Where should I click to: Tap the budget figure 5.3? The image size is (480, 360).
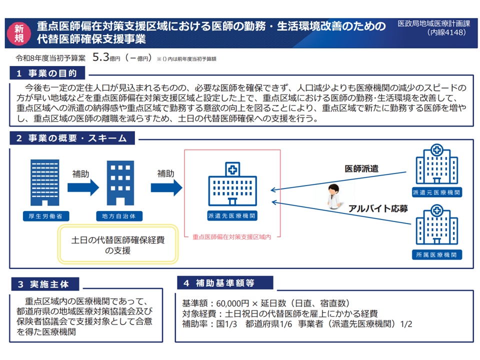pos(101,57)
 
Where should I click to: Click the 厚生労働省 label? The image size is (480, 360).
pos(45,216)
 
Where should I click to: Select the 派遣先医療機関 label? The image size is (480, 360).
pos(232,216)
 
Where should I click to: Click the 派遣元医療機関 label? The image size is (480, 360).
pos(436,192)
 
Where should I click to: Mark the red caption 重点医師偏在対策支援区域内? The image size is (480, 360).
pos(231,237)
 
